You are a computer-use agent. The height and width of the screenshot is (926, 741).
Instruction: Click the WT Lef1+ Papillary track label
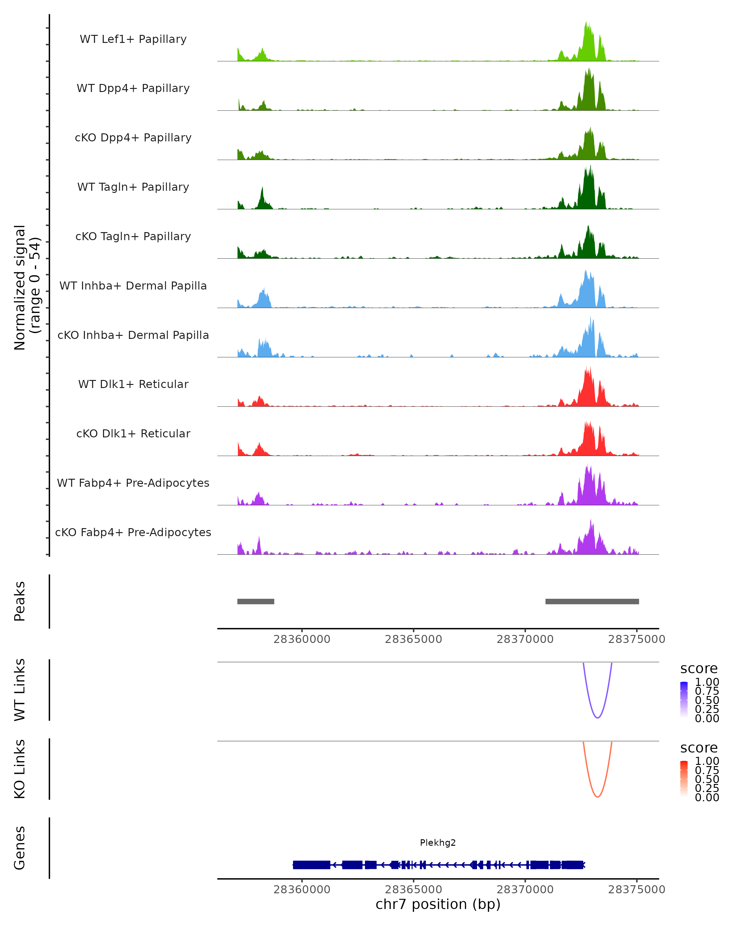[x=133, y=39]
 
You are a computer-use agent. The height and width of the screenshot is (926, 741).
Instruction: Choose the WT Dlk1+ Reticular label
[x=133, y=384]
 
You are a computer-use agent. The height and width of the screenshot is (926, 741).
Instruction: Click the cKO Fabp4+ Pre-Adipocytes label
[x=133, y=532]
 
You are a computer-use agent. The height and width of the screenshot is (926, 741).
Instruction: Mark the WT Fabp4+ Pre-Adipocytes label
[x=133, y=483]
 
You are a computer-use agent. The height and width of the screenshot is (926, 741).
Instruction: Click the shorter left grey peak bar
[x=256, y=601]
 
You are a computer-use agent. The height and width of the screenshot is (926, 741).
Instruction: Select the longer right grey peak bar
[x=592, y=601]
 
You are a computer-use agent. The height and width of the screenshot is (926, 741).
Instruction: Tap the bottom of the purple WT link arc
[x=597, y=718]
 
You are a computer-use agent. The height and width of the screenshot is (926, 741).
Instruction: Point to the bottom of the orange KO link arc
[x=597, y=797]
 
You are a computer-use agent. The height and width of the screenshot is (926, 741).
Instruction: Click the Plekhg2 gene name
[x=438, y=843]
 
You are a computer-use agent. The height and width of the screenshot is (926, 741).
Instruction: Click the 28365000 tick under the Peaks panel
[x=413, y=639]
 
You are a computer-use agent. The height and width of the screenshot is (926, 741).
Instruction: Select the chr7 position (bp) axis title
[x=438, y=904]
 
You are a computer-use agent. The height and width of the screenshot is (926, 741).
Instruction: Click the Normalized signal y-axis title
[x=27, y=287]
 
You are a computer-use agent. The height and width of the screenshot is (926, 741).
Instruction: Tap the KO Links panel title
[x=20, y=769]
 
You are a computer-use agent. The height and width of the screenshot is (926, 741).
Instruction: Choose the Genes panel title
[x=20, y=848]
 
